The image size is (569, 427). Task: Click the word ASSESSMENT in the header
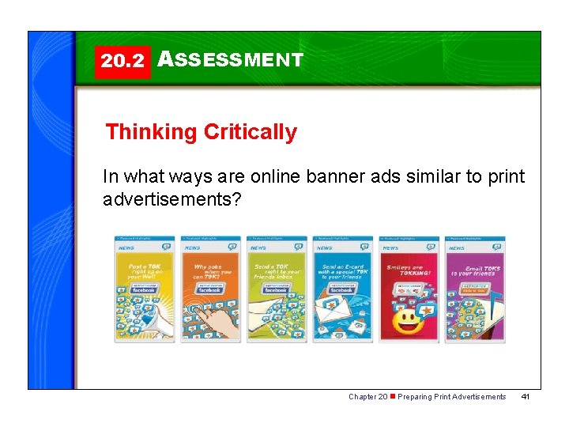coord(230,60)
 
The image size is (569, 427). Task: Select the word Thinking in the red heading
coord(152,132)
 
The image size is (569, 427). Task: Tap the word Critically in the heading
coord(251,132)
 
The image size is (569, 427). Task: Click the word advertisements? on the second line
coord(171,198)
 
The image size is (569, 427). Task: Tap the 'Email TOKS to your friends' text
coord(475,271)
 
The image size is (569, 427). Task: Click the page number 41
coord(525,397)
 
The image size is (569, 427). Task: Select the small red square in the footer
coord(393,396)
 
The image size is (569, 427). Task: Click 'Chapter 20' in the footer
coord(367,397)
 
